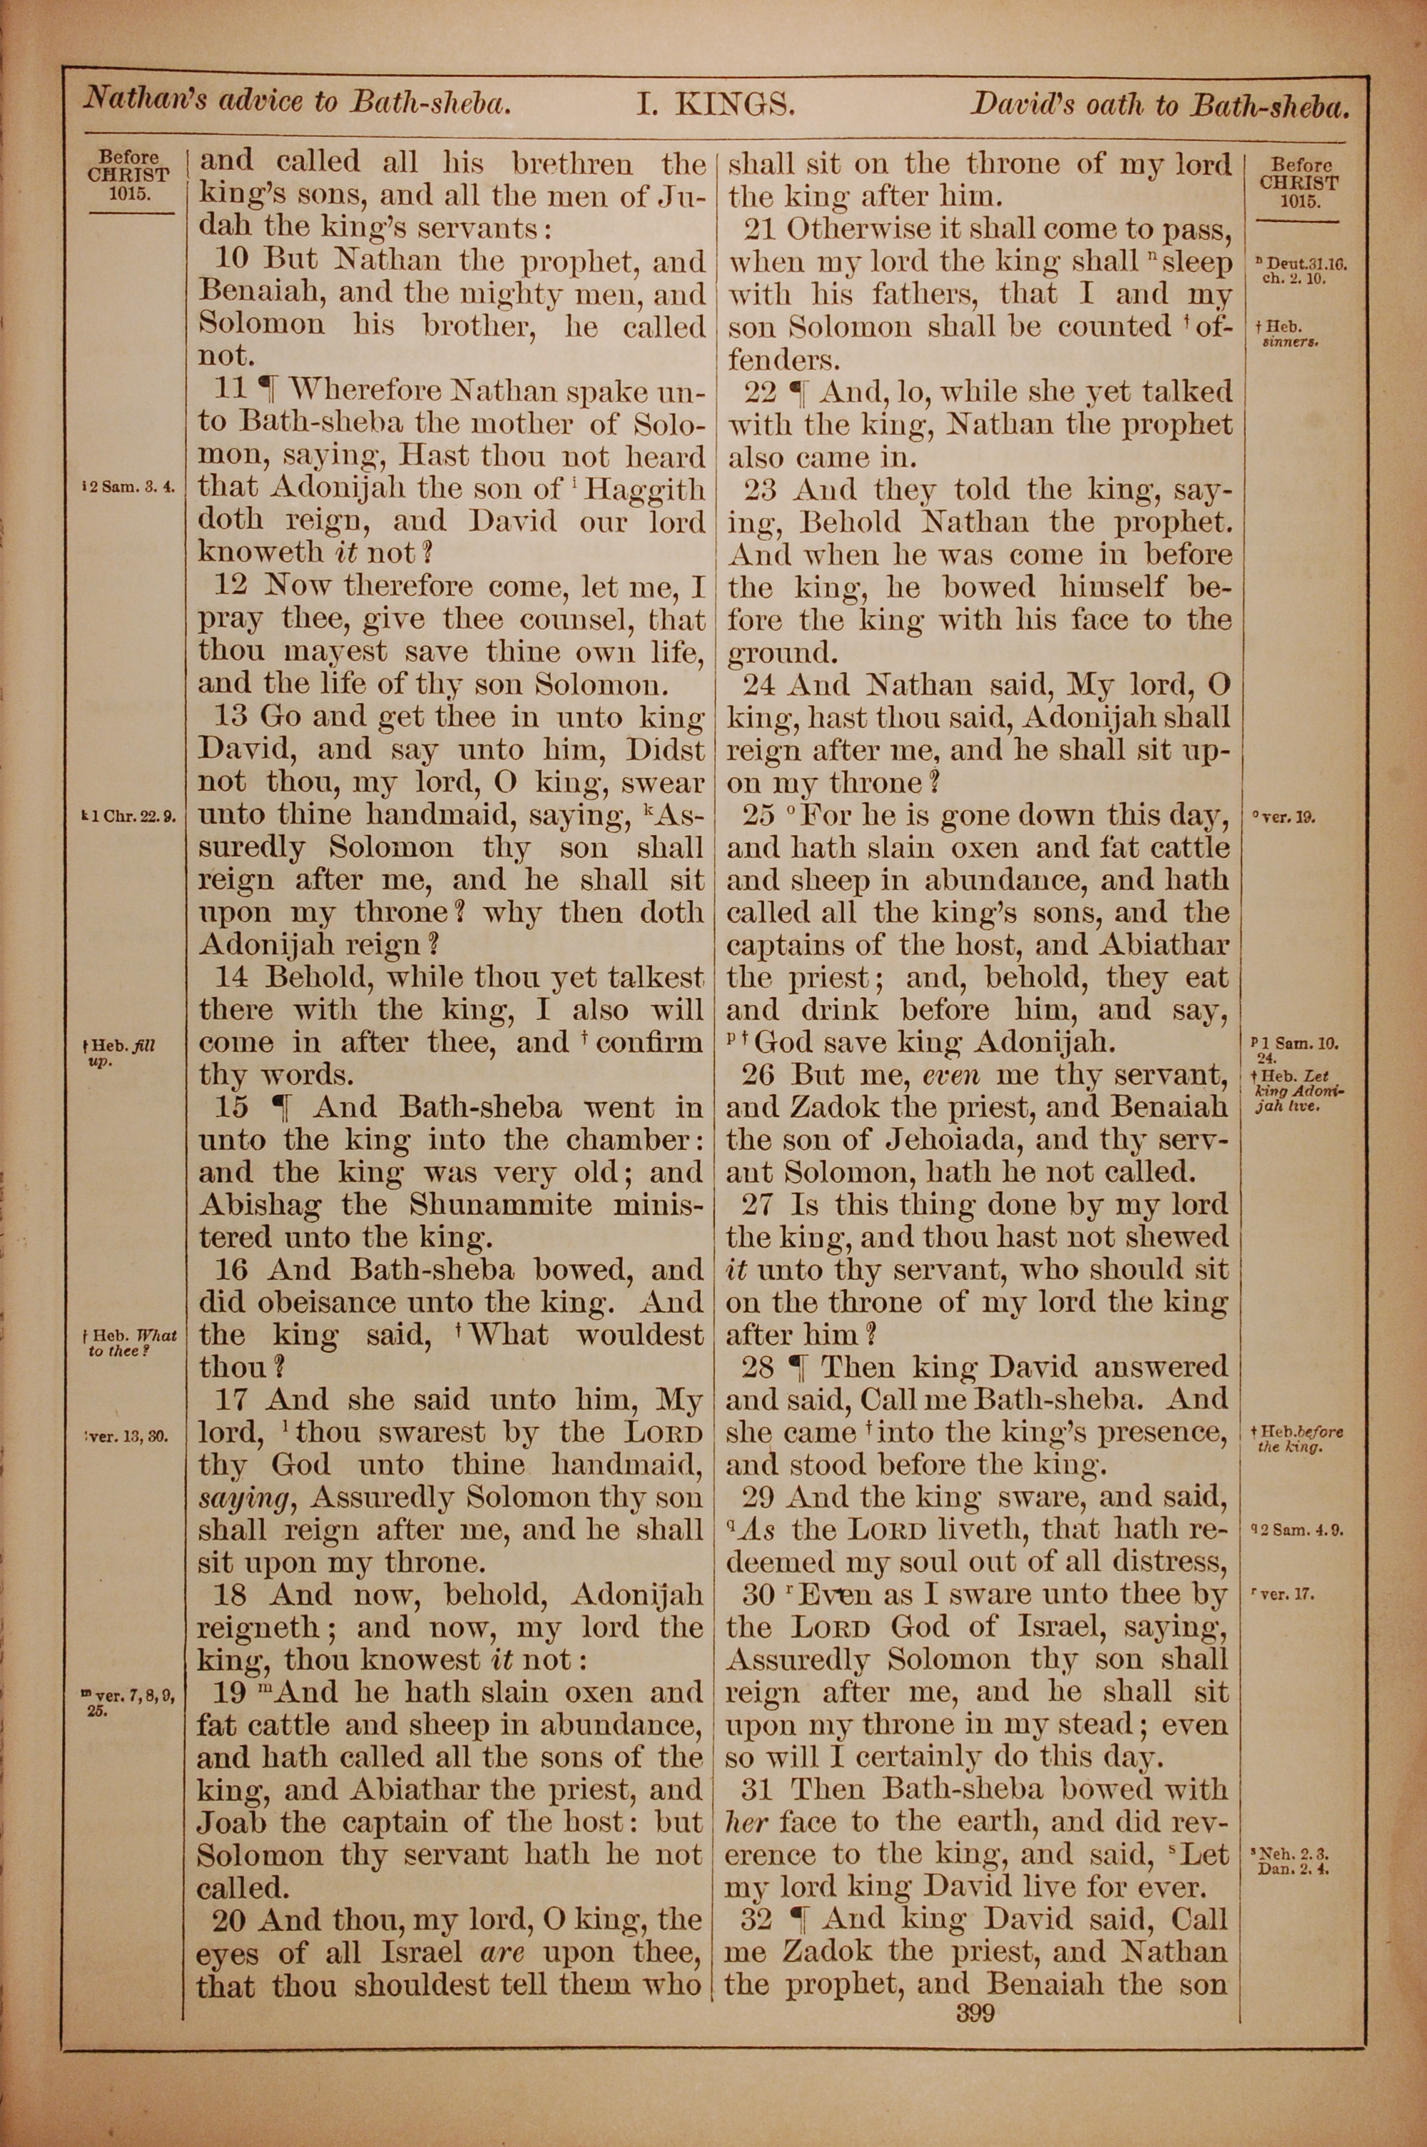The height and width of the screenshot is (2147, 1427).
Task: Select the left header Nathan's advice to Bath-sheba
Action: pos(293,100)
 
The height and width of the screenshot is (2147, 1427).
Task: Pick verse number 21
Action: pos(763,228)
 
